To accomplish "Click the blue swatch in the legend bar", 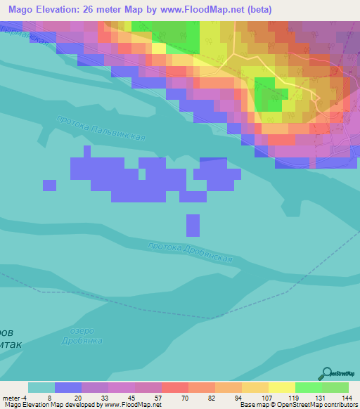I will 68,387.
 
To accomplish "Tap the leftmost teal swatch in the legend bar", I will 41,387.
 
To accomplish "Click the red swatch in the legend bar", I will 174,387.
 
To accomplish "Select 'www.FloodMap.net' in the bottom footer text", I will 133,405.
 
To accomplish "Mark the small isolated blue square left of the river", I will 49,185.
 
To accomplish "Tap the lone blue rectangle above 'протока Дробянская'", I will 193,225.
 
